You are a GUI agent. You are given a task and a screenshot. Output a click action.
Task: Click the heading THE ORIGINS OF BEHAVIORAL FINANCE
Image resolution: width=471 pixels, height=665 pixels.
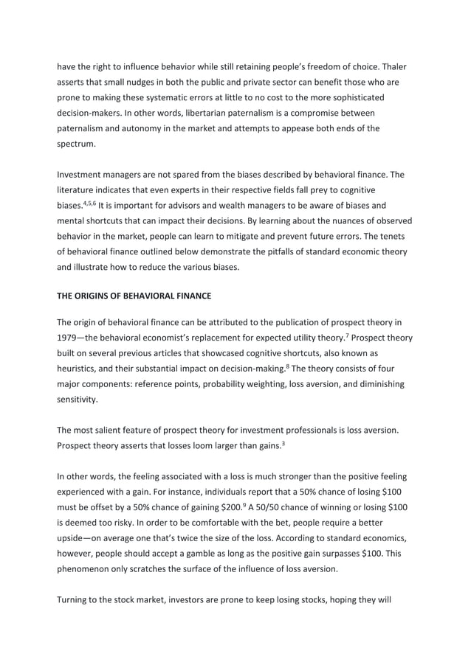pos(134,296)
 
